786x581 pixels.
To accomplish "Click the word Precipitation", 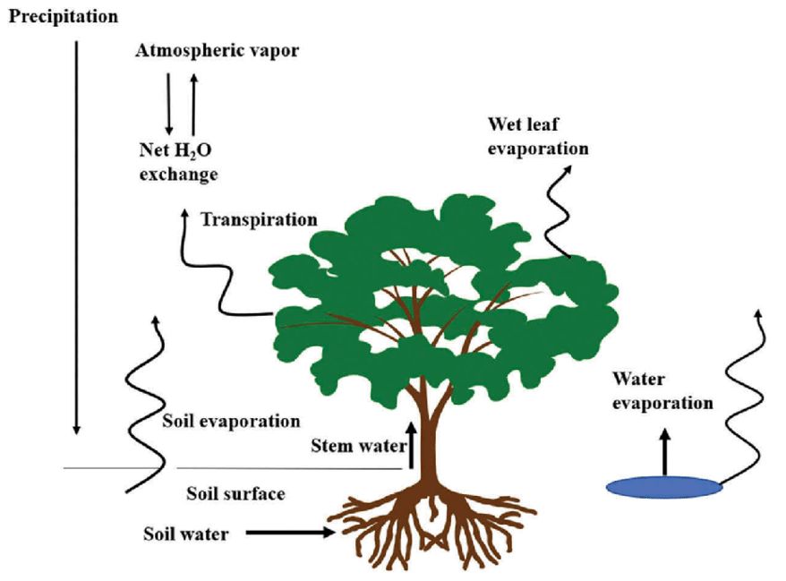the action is tap(64, 17).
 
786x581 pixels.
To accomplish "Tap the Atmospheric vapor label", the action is tap(217, 51).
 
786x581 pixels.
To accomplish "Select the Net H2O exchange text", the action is tap(178, 162).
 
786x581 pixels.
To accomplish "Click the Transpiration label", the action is tap(259, 219).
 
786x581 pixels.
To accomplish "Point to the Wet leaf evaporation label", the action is tap(538, 136).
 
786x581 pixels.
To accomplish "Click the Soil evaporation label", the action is tap(231, 421).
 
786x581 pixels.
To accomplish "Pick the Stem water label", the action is tap(358, 446).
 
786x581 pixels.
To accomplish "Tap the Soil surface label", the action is tap(235, 494).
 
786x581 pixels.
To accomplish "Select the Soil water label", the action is tap(186, 534).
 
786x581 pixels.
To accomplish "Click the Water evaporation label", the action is tap(662, 391).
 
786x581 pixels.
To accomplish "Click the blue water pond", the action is tap(664, 487).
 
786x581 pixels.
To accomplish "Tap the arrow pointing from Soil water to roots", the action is tap(291, 533).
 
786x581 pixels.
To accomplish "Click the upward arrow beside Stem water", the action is tap(412, 445).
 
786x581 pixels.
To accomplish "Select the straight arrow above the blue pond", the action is tap(664, 452).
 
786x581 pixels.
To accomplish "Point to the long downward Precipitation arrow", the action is tap(76, 237).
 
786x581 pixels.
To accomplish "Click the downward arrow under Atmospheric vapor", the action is tap(168, 104).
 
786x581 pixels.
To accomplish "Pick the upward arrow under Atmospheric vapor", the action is tap(194, 104).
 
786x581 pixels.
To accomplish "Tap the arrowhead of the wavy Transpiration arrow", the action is tap(184, 214).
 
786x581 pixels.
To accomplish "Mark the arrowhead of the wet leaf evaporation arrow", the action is tap(567, 170).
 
